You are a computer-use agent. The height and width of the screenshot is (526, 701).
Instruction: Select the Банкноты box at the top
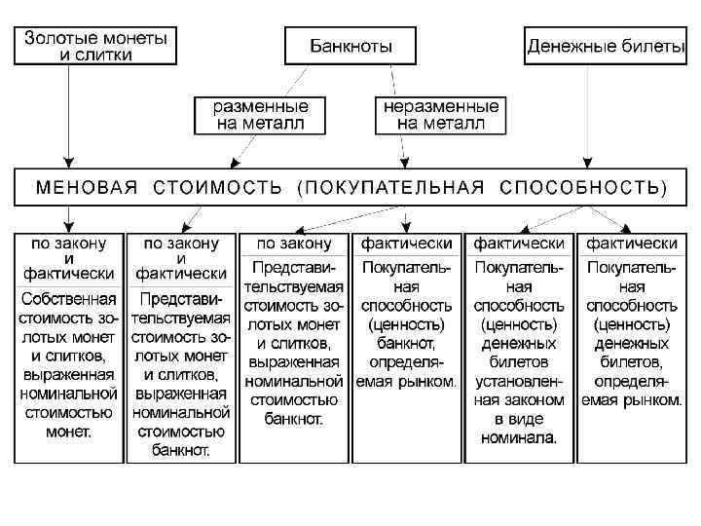pyautogui.click(x=350, y=46)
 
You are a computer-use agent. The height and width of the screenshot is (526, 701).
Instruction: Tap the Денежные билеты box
pyautogui.click(x=606, y=46)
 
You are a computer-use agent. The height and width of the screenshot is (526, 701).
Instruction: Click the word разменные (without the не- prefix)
pyautogui.click(x=253, y=106)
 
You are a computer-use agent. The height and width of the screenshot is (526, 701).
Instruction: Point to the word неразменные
pyautogui.click(x=441, y=106)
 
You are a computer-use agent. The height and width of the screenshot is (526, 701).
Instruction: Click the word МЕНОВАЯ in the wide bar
pyautogui.click(x=88, y=186)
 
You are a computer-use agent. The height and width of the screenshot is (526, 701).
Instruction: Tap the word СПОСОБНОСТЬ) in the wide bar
pyautogui.click(x=583, y=186)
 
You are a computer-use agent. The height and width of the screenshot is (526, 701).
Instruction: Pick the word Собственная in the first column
pyautogui.click(x=68, y=299)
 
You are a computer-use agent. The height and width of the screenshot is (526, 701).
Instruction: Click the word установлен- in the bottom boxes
pyautogui.click(x=519, y=382)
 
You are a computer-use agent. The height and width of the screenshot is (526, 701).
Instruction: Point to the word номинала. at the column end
pyautogui.click(x=519, y=437)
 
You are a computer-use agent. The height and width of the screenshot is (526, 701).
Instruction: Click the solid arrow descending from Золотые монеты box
pyautogui.click(x=67, y=117)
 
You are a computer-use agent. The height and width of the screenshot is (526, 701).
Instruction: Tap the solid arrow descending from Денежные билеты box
pyautogui.click(x=587, y=117)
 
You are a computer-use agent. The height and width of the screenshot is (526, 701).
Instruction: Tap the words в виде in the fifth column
pyautogui.click(x=519, y=419)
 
